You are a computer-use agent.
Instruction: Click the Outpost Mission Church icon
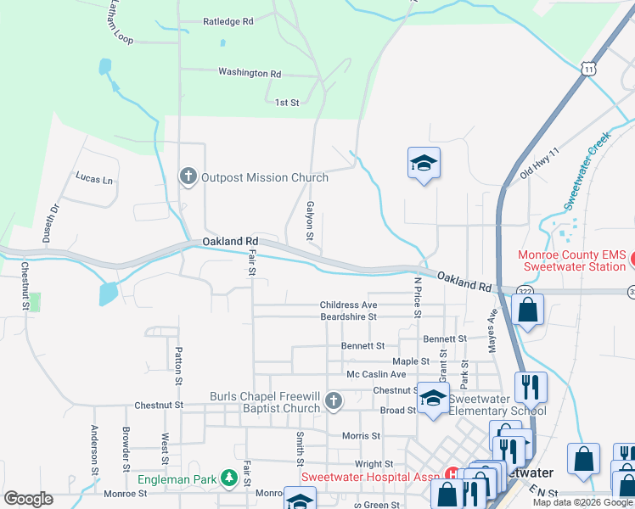click(188, 176)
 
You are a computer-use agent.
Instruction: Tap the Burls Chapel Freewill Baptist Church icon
click(334, 401)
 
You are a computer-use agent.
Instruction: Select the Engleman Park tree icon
click(228, 479)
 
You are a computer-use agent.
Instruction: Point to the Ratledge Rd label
click(228, 20)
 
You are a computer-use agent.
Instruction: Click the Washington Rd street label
click(249, 73)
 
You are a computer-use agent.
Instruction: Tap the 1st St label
click(287, 103)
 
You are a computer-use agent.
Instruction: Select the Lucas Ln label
click(93, 179)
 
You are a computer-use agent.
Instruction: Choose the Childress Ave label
click(348, 305)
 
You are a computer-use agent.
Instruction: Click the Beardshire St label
click(348, 316)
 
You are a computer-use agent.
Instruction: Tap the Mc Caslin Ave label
click(376, 374)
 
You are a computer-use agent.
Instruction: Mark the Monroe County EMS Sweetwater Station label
click(574, 260)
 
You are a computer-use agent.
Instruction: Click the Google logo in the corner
click(28, 499)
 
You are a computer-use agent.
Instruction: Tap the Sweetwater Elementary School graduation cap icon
click(433, 398)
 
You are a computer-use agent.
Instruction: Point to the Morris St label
click(360, 436)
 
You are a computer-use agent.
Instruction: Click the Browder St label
click(125, 449)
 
